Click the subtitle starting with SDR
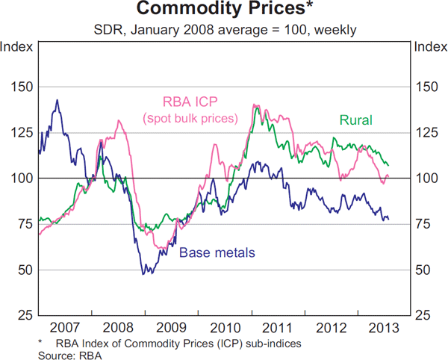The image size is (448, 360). click(224, 31)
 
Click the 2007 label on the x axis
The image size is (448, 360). click(64, 328)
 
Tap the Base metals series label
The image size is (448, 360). click(217, 252)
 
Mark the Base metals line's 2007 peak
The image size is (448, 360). click(57, 99)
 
